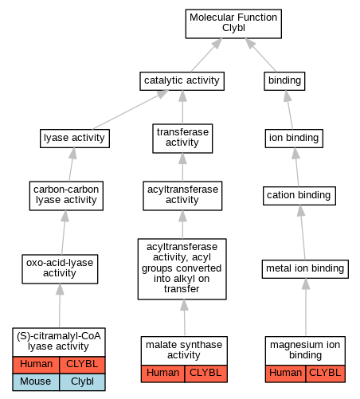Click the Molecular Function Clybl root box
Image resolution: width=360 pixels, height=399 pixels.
coord(233,24)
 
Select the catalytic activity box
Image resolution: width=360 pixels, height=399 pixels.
coord(182,81)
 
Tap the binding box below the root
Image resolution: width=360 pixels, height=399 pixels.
coord(284,81)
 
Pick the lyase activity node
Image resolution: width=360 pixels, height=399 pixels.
coord(75,139)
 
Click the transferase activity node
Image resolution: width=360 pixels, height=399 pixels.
coord(182,139)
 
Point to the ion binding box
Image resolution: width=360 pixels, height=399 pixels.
coord(294,139)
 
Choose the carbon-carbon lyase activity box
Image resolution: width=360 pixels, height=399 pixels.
coord(66,196)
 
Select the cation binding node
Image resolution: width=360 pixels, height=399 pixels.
coord(299,196)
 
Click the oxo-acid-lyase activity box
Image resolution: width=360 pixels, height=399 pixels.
coord(60,269)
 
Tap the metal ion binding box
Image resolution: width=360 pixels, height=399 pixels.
coord(305,269)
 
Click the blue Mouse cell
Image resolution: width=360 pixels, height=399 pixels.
coord(36,382)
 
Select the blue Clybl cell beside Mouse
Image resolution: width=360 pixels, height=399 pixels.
coord(82,382)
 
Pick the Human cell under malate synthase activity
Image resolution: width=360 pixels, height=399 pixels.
coord(162,374)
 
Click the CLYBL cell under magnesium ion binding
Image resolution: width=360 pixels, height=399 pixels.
coord(325,374)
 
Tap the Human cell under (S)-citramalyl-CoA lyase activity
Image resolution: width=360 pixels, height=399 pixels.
coord(36,365)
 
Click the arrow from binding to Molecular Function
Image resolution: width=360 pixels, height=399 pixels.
coord(260,55)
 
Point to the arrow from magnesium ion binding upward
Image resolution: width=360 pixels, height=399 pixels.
coord(306,307)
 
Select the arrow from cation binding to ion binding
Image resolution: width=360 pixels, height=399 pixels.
coord(297,167)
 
